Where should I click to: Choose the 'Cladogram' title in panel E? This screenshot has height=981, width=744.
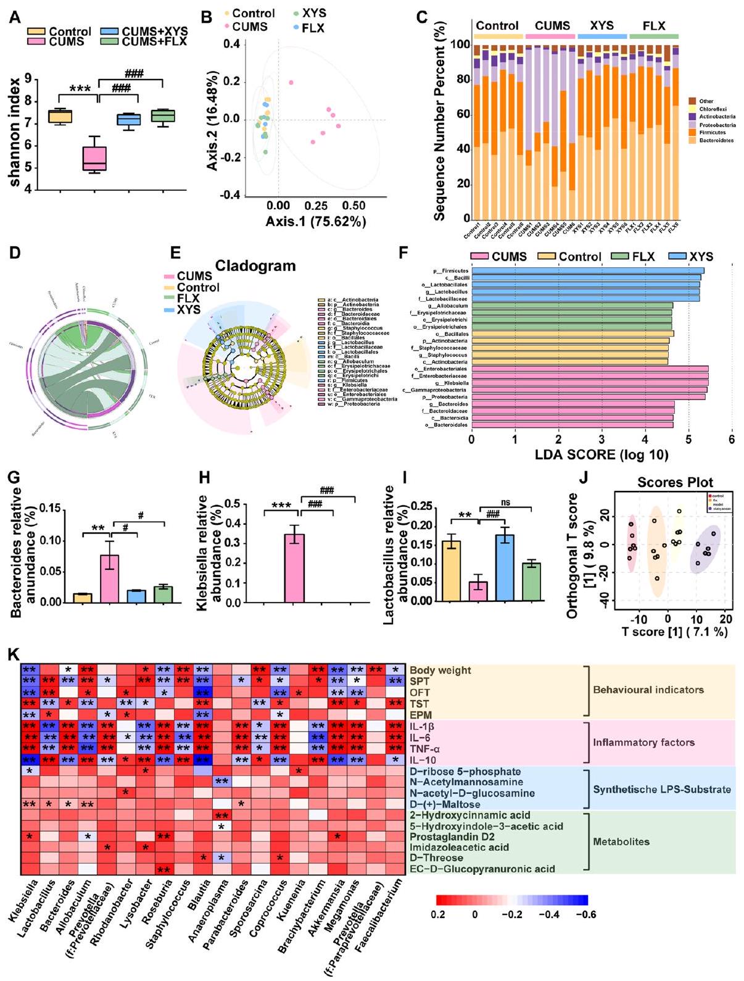tap(255, 266)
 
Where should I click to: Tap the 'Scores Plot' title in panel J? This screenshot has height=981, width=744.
tap(675, 482)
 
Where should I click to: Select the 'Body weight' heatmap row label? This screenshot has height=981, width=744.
tap(440, 670)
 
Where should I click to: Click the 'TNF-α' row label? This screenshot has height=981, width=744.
tap(425, 749)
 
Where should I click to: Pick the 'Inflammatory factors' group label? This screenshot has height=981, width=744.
tap(644, 743)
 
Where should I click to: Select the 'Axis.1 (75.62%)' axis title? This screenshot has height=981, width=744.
tap(316, 221)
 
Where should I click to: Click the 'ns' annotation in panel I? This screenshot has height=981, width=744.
tap(505, 503)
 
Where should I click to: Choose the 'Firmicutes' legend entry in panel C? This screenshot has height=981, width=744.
tap(713, 133)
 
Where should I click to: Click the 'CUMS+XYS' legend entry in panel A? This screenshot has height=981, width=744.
tap(154, 31)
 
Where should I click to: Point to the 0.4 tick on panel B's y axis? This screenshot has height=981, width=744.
tap(231, 44)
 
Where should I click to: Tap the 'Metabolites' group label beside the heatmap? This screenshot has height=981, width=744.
tap(621, 841)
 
